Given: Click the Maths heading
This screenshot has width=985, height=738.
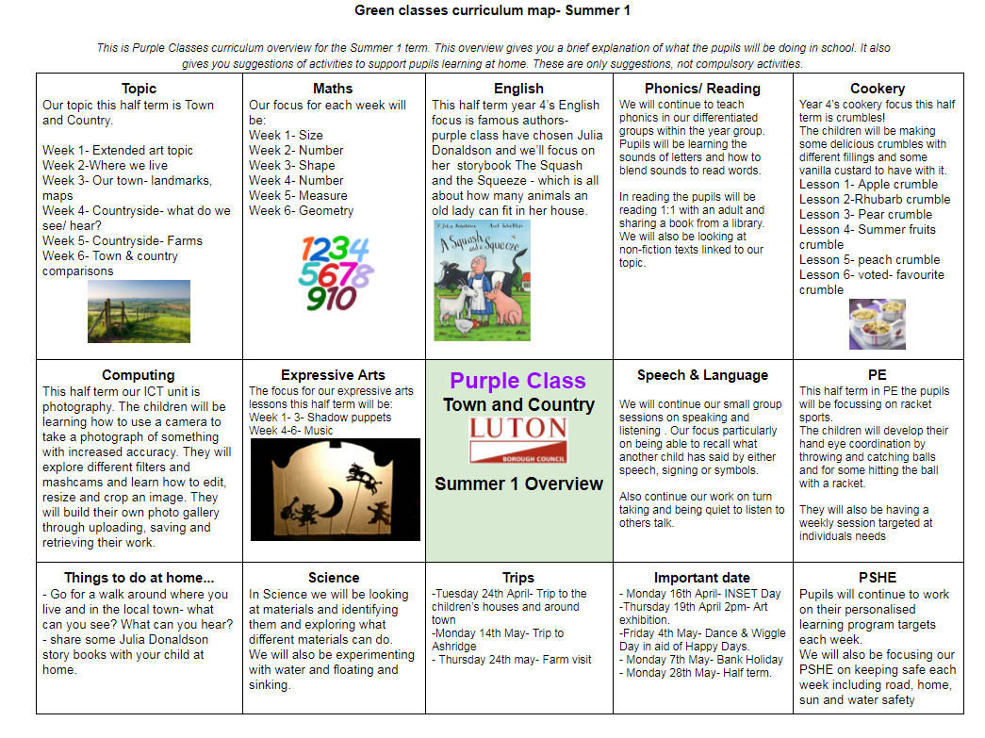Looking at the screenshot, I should click(333, 89).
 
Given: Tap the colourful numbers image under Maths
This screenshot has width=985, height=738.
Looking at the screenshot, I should click(336, 273).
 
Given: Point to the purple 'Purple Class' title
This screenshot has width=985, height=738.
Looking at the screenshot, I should click(517, 381).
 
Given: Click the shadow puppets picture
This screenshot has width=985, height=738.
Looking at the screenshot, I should click(336, 488).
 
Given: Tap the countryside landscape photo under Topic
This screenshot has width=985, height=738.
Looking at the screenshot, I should click(139, 311).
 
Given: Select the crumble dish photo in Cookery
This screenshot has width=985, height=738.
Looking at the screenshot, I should click(877, 323).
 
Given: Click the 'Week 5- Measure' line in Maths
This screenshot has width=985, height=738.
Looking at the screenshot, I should click(298, 195).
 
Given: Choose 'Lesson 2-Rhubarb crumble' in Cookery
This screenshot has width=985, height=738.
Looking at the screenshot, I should click(875, 199).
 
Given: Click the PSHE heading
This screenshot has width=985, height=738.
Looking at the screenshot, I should click(878, 578).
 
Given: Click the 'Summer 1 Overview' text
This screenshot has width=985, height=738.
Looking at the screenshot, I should click(518, 484).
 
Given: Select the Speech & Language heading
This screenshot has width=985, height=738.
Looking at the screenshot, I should click(702, 375).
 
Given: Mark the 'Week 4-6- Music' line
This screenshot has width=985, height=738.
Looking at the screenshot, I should click(292, 431).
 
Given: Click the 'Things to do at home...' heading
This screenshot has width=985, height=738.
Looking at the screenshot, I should click(139, 578).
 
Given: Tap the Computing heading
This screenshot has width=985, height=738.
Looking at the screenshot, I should click(139, 375).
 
